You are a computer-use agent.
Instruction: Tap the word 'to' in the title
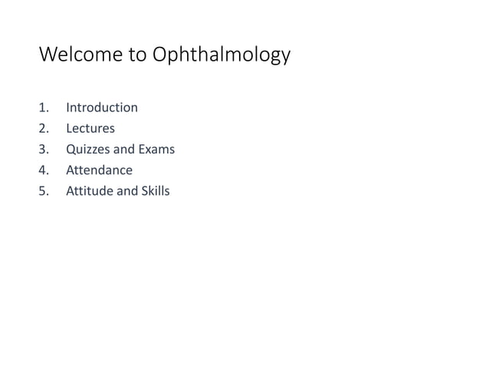136,55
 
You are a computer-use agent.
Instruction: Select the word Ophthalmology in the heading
222,56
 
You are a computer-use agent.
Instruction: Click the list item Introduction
102,107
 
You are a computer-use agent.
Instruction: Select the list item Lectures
90,128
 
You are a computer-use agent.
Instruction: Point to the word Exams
157,149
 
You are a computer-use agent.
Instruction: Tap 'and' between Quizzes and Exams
125,149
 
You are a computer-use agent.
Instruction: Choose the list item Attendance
99,170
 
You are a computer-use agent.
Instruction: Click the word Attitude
89,190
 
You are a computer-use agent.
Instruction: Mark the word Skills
156,190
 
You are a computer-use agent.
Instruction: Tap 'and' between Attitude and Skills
126,190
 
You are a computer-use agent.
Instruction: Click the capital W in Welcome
48,55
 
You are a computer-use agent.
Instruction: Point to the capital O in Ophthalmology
162,55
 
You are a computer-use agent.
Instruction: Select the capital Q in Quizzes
71,149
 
